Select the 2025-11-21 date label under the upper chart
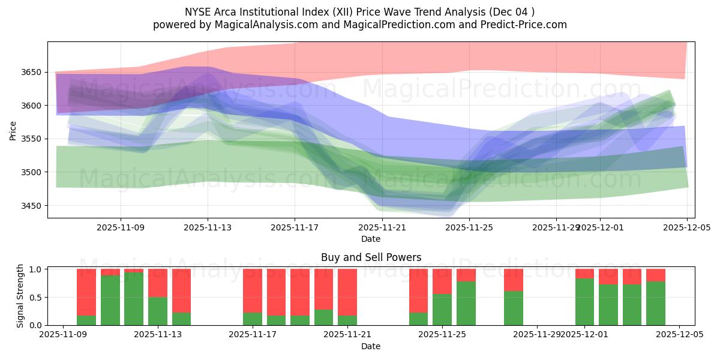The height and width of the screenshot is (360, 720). click(382, 227)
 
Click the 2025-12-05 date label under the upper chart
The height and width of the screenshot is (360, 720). click(686, 227)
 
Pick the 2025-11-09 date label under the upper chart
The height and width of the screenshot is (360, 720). click(121, 227)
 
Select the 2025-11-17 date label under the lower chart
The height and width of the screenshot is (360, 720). click(253, 335)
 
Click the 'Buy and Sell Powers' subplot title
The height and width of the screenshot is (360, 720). click(371, 257)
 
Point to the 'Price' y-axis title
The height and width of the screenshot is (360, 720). click(13, 130)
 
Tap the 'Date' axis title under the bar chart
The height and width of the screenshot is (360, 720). click(371, 346)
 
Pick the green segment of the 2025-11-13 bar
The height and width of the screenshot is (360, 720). click(158, 311)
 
